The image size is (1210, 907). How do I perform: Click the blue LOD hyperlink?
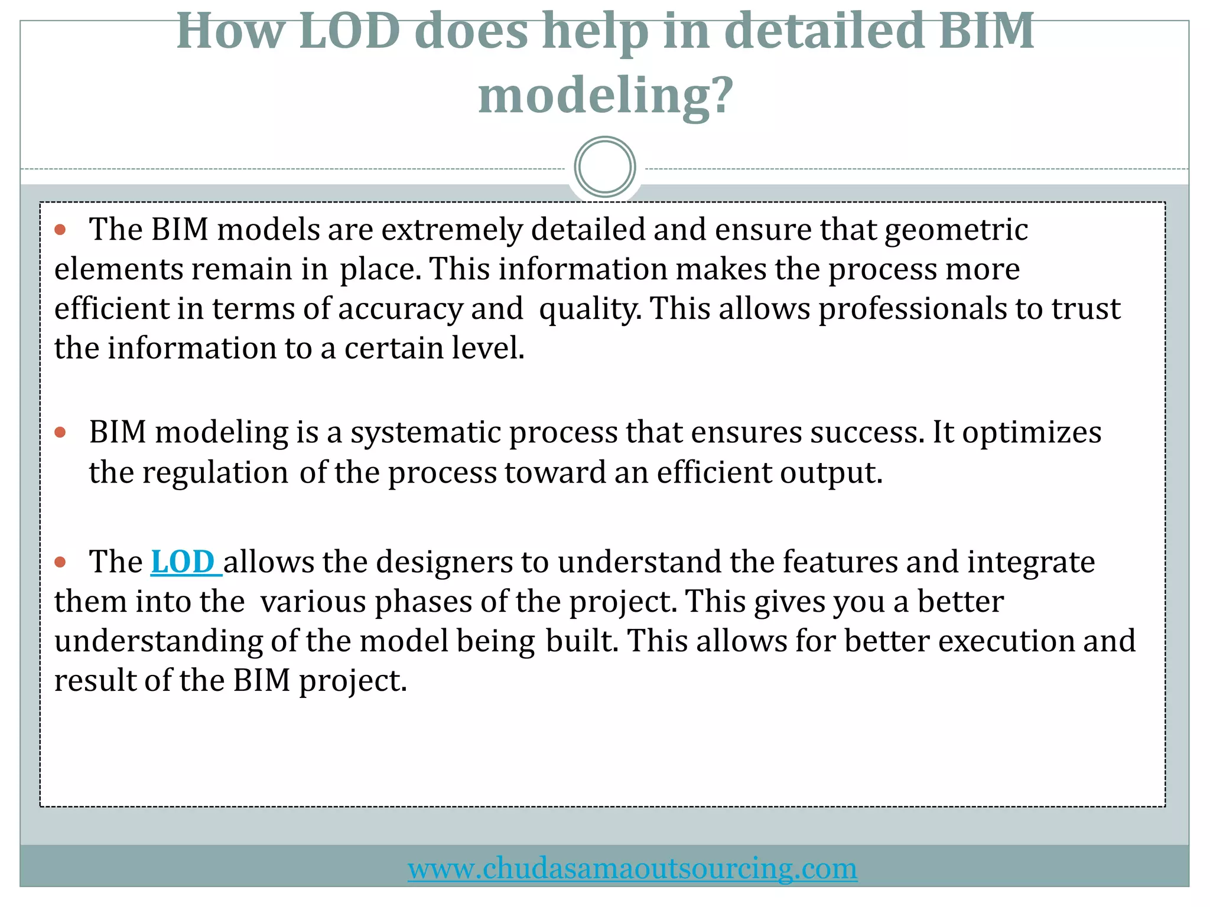185,562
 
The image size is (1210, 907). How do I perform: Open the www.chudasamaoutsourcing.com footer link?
632,868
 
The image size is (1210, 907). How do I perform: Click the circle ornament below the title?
604,167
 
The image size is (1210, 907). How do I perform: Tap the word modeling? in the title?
606,96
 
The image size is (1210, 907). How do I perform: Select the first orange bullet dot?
60,229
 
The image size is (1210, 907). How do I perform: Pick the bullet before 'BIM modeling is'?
60,432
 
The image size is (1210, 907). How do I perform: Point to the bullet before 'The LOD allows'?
60,562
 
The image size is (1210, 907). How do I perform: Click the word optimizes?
1031,433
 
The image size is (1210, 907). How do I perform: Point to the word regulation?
215,472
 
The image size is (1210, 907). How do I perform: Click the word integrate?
1030,562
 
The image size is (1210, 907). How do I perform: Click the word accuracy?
400,309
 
